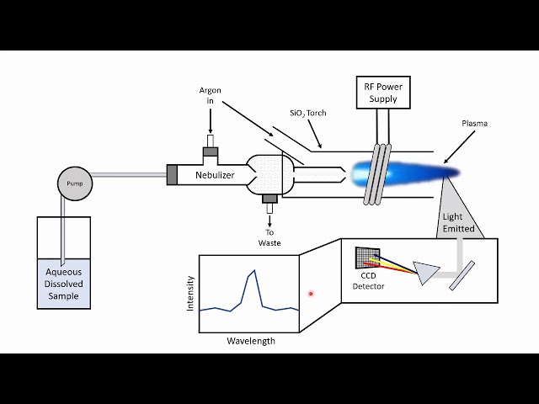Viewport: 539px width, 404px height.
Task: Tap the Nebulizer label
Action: [215, 175]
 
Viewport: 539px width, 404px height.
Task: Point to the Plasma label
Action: [474, 124]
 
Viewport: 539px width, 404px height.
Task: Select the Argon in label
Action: [210, 96]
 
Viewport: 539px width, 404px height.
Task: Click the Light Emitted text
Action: [459, 222]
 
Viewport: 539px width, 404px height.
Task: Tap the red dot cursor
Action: [311, 294]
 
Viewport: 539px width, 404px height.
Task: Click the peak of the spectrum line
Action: [251, 271]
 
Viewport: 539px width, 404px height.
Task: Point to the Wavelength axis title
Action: [250, 341]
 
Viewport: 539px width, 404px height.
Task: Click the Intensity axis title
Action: [190, 294]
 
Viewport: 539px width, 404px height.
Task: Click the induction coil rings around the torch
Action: [377, 173]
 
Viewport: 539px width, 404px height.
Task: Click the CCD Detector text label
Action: [367, 281]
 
